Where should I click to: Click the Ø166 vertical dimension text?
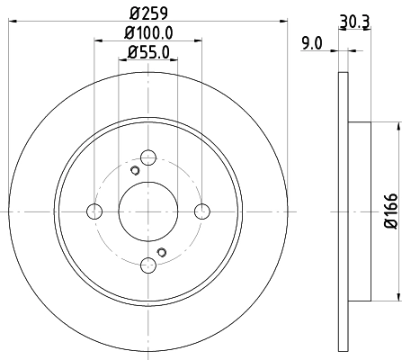(x=390, y=210)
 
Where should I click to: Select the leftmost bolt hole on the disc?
(x=94, y=211)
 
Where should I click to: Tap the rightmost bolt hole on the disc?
(x=201, y=211)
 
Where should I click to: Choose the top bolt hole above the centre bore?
(x=147, y=158)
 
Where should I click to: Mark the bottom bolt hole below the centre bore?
(x=147, y=265)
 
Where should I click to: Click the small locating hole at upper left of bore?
(x=133, y=172)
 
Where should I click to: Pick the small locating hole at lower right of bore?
(x=162, y=251)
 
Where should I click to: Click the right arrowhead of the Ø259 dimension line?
(x=283, y=23)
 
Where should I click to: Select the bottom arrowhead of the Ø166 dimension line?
(x=397, y=298)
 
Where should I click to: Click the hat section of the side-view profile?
(x=357, y=211)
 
